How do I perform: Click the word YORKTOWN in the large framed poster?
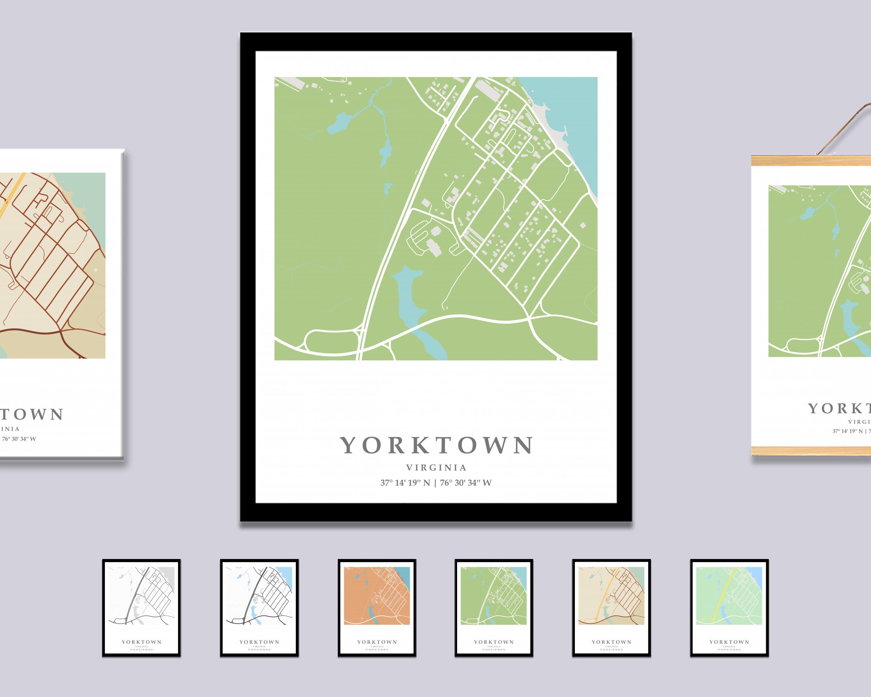pyautogui.click(x=436, y=445)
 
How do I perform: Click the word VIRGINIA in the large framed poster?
pyautogui.click(x=436, y=467)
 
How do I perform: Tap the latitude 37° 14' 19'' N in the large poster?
pyautogui.click(x=405, y=483)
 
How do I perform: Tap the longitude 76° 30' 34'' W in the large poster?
pyautogui.click(x=466, y=483)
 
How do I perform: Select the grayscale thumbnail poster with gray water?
pyautogui.click(x=141, y=608)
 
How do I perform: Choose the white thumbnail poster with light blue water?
pyautogui.click(x=259, y=608)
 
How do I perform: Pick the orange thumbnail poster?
pyautogui.click(x=377, y=608)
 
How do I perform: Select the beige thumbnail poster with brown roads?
pyautogui.click(x=611, y=608)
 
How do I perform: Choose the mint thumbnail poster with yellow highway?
pyautogui.click(x=729, y=608)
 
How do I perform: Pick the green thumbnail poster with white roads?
pyautogui.click(x=494, y=608)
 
